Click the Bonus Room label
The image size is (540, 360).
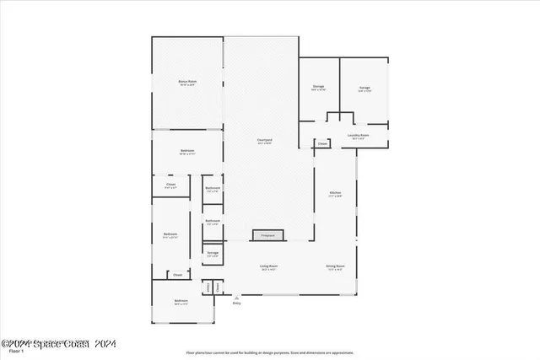[186, 81]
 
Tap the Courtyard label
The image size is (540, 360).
[264, 140]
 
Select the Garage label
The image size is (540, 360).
[364, 87]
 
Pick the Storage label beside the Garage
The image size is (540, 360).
[318, 87]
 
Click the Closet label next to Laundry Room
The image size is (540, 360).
[322, 144]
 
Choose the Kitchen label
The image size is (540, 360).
[335, 194]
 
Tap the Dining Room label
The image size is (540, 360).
[335, 266]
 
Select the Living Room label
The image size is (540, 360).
[268, 266]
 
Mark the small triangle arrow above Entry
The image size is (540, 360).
[236, 296]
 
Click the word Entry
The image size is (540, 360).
[236, 303]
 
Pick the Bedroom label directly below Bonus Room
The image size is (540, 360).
[186, 151]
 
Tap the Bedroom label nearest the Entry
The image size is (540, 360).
[181, 301]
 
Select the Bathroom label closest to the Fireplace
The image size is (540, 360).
[213, 222]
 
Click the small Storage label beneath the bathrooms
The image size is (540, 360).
[213, 252]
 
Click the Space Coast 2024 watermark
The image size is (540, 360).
[59, 342]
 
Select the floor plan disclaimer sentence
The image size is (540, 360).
[270, 352]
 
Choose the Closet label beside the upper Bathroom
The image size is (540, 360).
[170, 185]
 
